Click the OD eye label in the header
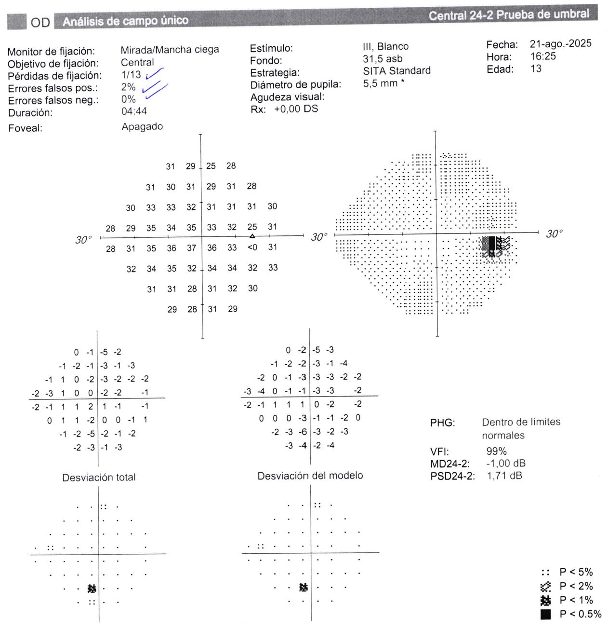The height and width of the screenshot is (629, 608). pos(40,23)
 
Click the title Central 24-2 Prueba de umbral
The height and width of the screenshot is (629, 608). pos(508,15)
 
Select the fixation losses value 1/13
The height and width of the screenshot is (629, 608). pos(131,75)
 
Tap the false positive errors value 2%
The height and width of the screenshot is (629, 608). pos(128,87)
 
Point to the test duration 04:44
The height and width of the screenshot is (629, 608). pos(134,111)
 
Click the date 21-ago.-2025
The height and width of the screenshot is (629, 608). pos(560,44)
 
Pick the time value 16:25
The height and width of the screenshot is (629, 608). pos(543,56)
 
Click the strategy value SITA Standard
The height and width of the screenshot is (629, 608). pos(397,71)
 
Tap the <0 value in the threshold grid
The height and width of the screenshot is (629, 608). pos(252,247)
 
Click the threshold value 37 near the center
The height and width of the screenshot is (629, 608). pos(192,248)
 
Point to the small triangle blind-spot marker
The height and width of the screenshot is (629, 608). pos(252,236)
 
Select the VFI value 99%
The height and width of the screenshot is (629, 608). pos(496,451)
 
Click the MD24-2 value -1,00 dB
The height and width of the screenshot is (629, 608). pos(505,464)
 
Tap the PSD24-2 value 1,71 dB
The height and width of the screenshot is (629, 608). pos(504,476)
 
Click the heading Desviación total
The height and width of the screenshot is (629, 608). pos(99,478)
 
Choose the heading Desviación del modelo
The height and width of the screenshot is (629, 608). pos(310,476)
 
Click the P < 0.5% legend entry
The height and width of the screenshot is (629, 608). pos(571,615)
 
